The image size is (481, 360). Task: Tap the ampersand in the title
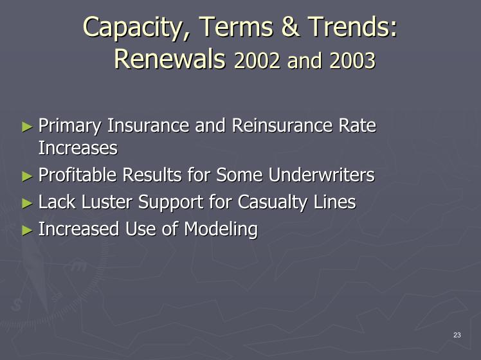[290, 26]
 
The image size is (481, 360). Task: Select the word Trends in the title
[352, 26]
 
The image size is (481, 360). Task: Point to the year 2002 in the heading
[257, 60]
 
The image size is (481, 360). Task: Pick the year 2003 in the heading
[352, 60]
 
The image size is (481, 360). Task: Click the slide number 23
[457, 335]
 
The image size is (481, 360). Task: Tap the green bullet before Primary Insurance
[27, 127]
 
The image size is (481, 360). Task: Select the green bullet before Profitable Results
[27, 176]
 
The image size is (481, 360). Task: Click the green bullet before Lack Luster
[27, 203]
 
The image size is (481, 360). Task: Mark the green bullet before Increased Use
[27, 230]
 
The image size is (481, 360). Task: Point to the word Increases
[78, 148]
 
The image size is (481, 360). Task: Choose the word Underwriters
[322, 175]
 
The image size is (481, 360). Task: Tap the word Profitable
[77, 175]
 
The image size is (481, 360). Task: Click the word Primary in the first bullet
[69, 127]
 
